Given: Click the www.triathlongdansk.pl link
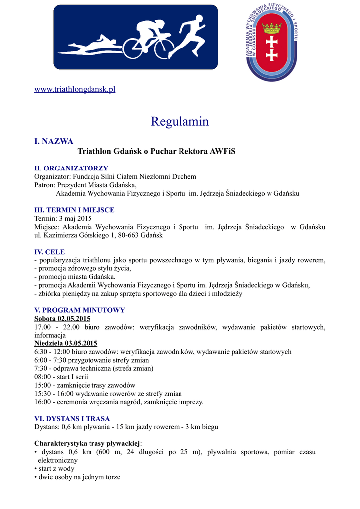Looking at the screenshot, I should [75, 89].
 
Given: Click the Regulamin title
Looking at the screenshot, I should [180, 121].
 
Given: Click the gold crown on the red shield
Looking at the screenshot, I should [272, 27].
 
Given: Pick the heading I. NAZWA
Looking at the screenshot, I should [53, 141].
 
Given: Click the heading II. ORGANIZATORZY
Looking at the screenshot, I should [71, 168].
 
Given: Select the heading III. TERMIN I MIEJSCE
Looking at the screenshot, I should [74, 210].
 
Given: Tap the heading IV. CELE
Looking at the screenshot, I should [49, 252].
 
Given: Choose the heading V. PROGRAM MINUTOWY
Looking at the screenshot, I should [80, 310].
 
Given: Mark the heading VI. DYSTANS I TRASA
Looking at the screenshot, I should [72, 419].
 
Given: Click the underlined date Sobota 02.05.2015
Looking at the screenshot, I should [62, 319].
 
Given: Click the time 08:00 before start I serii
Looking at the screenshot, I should [43, 377].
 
